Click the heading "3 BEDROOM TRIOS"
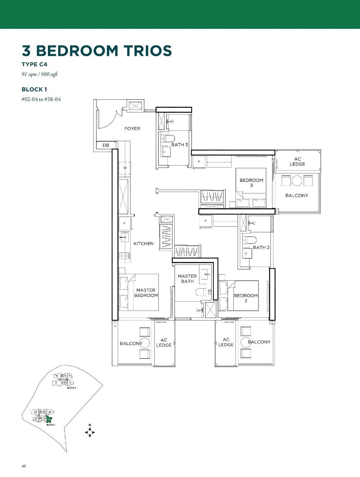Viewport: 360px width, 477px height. click(97, 51)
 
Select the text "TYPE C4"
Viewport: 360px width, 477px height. click(35, 64)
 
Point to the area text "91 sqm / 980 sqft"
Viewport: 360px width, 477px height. click(40, 75)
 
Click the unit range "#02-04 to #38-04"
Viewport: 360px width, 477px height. click(41, 99)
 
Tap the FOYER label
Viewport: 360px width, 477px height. click(132, 129)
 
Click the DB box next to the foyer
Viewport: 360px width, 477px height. click(105, 145)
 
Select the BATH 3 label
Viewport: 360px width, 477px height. click(179, 145)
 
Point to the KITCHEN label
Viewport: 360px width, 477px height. click(143, 244)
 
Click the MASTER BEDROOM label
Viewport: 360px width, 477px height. click(146, 293)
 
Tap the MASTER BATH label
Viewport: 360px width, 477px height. click(187, 279)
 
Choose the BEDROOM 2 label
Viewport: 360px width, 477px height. click(246, 298)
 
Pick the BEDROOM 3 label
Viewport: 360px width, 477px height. click(251, 183)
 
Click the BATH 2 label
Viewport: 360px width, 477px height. click(261, 248)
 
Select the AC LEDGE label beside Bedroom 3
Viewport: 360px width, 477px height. click(297, 162)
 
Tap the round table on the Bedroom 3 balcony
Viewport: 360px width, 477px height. click(297, 180)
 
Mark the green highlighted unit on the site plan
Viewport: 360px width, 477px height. click(49, 419)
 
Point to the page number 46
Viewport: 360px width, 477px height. click(24, 466)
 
